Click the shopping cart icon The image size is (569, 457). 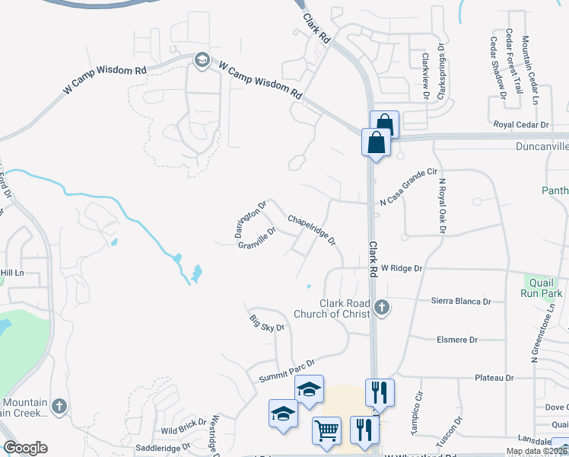pyautogui.click(x=326, y=430)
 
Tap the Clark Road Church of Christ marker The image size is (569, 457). pyautogui.click(x=383, y=308)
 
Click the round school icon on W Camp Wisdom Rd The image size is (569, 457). pyautogui.click(x=202, y=59)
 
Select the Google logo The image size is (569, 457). pyautogui.click(x=26, y=448)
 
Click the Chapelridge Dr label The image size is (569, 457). pyautogui.click(x=312, y=229)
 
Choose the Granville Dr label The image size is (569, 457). pyautogui.click(x=256, y=240)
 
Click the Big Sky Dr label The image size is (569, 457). pyautogui.click(x=266, y=322)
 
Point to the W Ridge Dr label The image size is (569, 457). pyautogui.click(x=402, y=269)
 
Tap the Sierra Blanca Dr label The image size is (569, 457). pyautogui.click(x=461, y=302)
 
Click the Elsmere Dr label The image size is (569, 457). pyautogui.click(x=457, y=340)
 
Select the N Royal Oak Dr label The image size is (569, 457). pyautogui.click(x=440, y=204)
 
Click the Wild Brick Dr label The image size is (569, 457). pyautogui.click(x=179, y=428)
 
